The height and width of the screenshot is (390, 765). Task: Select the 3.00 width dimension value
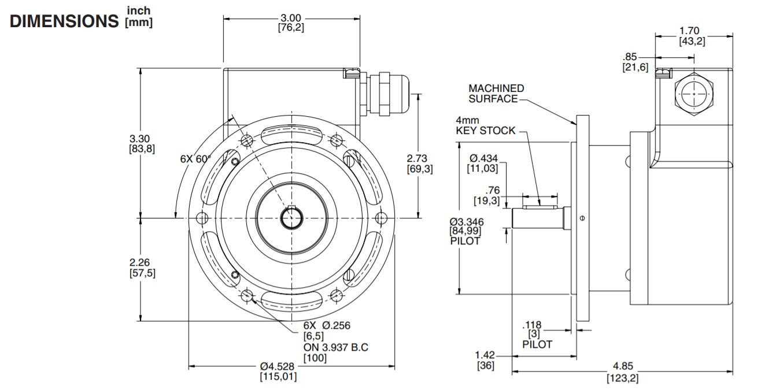(x=291, y=18)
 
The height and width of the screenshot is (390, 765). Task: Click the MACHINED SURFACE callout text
(x=496, y=94)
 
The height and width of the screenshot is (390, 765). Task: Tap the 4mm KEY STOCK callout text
(x=485, y=125)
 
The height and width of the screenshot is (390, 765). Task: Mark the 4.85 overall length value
(x=622, y=366)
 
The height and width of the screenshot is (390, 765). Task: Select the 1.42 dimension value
(x=485, y=354)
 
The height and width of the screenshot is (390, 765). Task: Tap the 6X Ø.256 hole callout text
(x=327, y=325)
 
